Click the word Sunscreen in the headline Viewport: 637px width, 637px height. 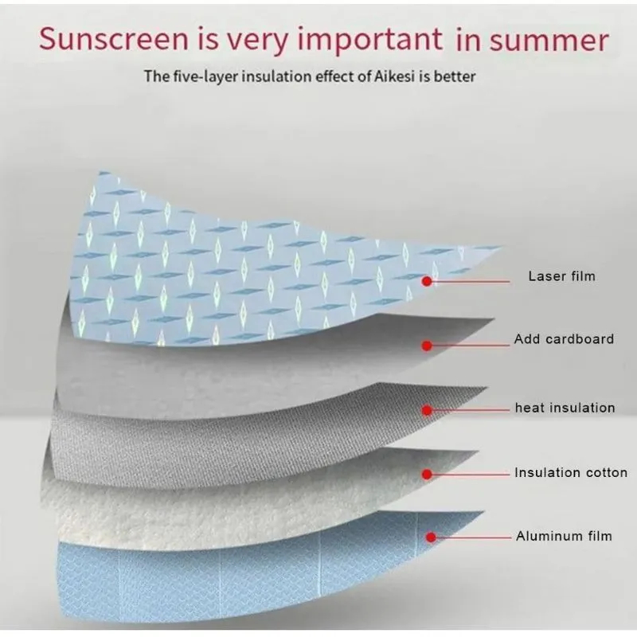click(x=114, y=39)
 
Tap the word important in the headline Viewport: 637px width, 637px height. click(x=370, y=41)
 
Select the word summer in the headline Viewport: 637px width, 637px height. click(x=549, y=41)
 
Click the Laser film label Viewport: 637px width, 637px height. click(x=562, y=276)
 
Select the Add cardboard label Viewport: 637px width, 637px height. click(x=564, y=339)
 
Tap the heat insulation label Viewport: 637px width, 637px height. click(x=565, y=408)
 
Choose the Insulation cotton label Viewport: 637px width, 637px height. click(x=571, y=472)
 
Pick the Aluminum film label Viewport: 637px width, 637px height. click(x=564, y=536)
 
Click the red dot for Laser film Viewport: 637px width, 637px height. click(x=427, y=281)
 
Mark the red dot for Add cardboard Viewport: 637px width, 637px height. click(x=427, y=346)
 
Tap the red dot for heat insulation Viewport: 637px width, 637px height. click(x=427, y=410)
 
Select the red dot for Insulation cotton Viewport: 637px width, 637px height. click(x=427, y=474)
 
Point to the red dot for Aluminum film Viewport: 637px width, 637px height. click(x=431, y=537)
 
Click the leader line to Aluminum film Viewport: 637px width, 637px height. click(x=474, y=537)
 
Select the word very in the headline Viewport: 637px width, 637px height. click(x=256, y=41)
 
